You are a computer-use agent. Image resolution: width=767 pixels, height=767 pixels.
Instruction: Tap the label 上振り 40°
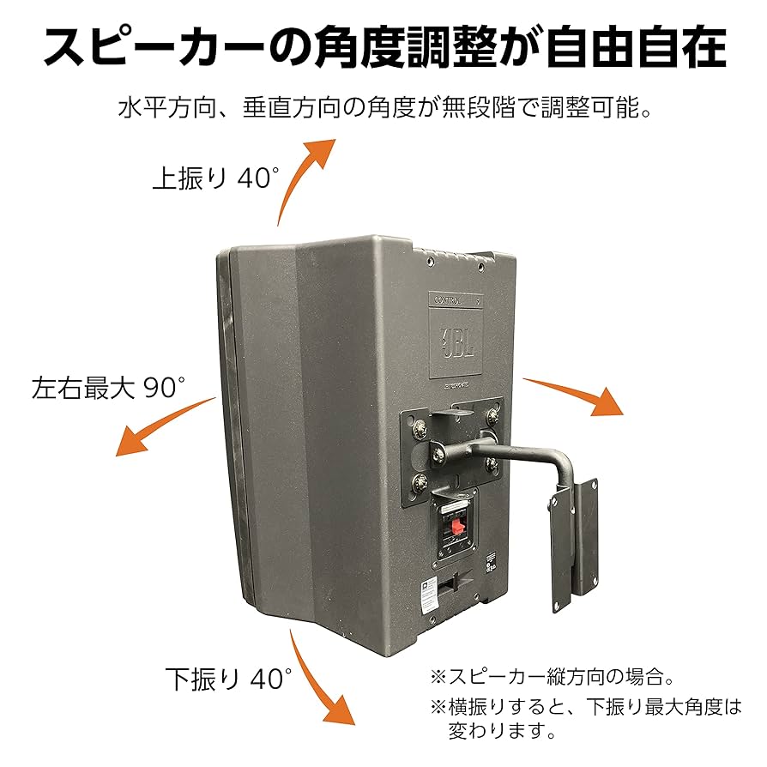(215, 178)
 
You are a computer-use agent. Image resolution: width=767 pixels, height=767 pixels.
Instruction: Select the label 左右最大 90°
(108, 386)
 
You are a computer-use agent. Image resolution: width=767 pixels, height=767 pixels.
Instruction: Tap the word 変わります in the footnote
(502, 731)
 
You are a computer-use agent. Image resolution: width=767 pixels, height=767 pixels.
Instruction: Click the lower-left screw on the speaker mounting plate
(421, 482)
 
